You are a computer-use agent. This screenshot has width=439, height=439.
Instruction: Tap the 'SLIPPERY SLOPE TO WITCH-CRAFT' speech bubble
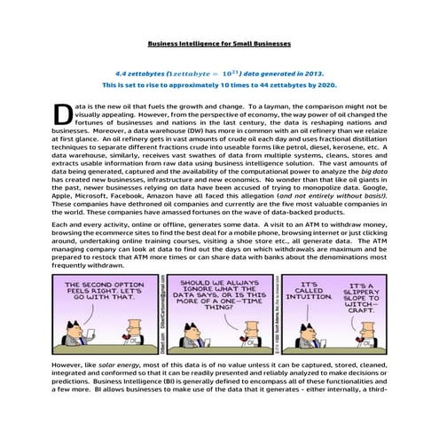click(x=365, y=295)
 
